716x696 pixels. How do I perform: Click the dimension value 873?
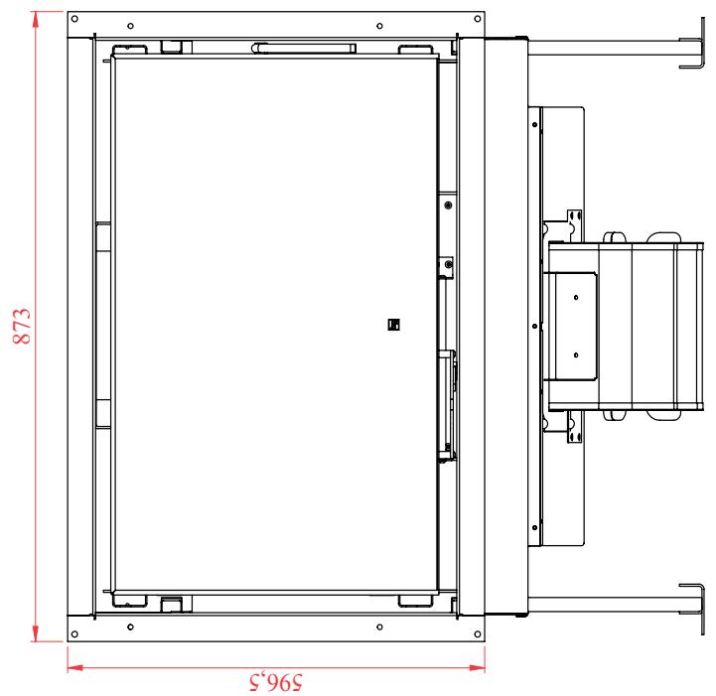pyautogui.click(x=22, y=326)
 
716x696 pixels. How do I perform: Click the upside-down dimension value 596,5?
pyautogui.click(x=276, y=682)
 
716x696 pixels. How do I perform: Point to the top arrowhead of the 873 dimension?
pyautogui.click(x=35, y=20)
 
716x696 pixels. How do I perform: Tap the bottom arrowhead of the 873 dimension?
pyautogui.click(x=35, y=633)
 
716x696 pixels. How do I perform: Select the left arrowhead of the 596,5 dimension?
pyautogui.click(x=75, y=667)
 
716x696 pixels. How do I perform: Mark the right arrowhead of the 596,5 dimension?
pyautogui.click(x=477, y=667)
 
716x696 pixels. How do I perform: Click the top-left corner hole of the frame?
pyautogui.click(x=74, y=19)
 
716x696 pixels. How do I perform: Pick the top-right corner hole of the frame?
pyautogui.click(x=478, y=19)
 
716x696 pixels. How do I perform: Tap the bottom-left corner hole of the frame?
pyautogui.click(x=74, y=633)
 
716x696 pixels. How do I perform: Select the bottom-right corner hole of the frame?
pyautogui.click(x=478, y=633)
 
